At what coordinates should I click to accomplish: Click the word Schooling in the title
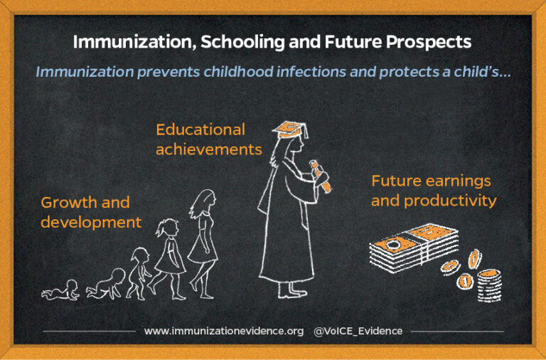pyautogui.click(x=240, y=42)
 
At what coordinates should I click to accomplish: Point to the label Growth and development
pyautogui.click(x=90, y=212)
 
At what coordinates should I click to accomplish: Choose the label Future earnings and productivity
pyautogui.click(x=433, y=191)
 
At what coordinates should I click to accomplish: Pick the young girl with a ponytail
pyautogui.click(x=169, y=255)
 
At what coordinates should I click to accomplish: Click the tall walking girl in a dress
pyautogui.click(x=203, y=238)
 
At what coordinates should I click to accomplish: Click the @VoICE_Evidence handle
pyautogui.click(x=358, y=331)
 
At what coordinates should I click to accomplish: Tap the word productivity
pyautogui.click(x=449, y=201)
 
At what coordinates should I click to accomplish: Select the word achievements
pyautogui.click(x=209, y=150)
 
